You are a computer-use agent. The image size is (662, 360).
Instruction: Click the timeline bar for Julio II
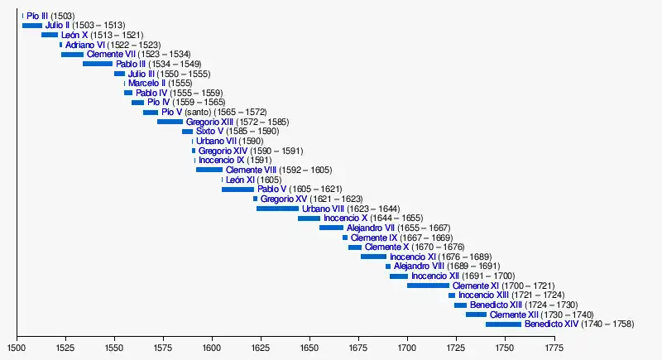(31, 26)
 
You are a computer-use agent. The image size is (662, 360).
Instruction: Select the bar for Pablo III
(98, 64)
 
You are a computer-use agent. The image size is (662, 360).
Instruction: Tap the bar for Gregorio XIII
(170, 122)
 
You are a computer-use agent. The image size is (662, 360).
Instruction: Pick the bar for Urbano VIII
(277, 209)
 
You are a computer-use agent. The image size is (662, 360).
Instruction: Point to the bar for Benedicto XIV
(503, 324)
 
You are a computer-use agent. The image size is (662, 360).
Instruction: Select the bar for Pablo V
(237, 189)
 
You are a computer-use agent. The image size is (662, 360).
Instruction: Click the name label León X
(74, 35)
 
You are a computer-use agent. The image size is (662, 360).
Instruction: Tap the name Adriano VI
(85, 45)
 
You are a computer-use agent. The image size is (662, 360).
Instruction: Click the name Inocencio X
(345, 218)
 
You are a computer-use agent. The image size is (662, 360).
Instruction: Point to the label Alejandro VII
(375, 228)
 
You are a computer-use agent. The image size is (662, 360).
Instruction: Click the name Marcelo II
(146, 83)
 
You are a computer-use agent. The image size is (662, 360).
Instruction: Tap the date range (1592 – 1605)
(305, 170)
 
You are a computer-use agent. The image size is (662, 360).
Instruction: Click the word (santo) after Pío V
(198, 112)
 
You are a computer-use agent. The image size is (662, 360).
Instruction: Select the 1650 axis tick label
(309, 348)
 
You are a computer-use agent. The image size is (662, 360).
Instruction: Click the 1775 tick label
(554, 348)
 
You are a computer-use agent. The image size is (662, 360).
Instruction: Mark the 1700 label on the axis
(407, 348)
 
